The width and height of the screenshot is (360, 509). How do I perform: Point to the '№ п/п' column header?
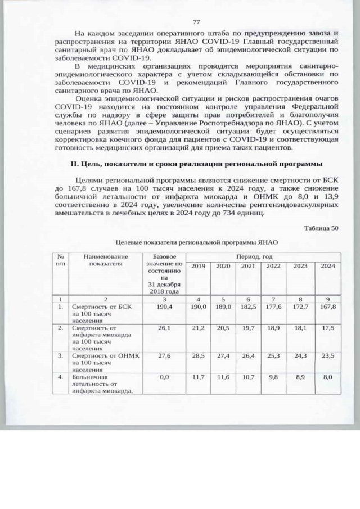pos(60,260)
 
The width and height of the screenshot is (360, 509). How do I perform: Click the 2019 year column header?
pos(198,266)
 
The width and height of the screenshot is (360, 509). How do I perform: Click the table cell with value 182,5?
pos(248,308)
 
